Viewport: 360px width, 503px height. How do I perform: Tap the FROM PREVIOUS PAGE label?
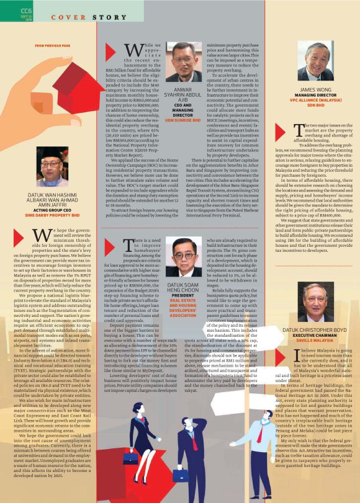(52, 46)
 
